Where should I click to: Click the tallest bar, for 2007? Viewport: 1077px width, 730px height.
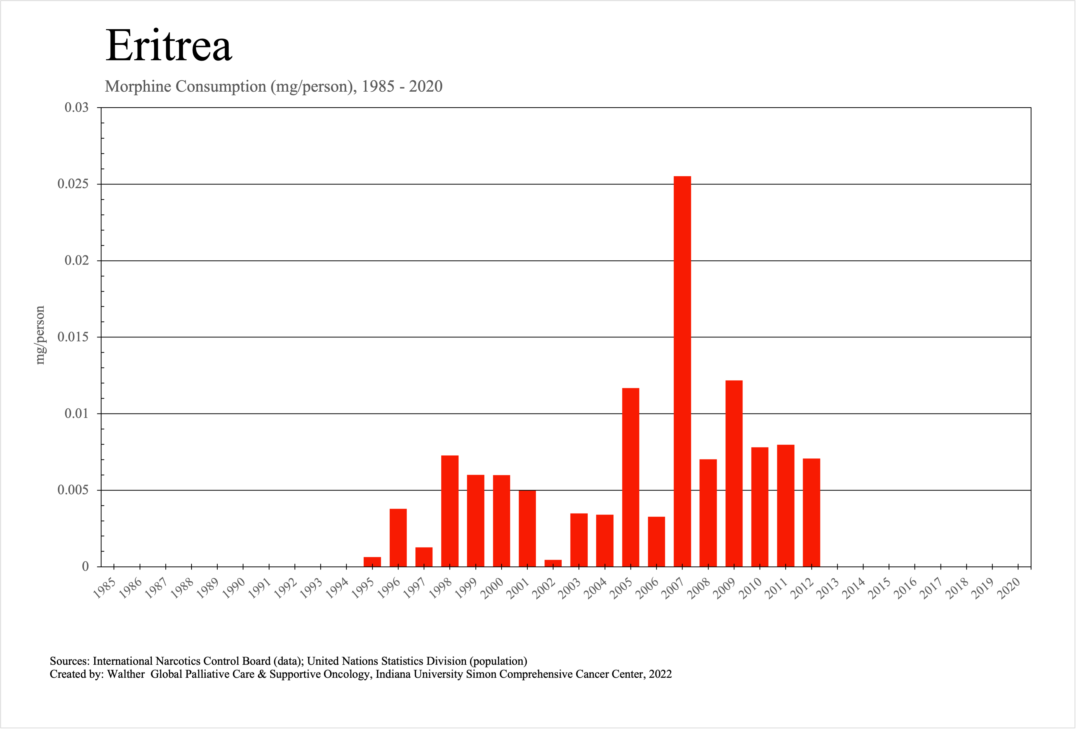tap(682, 371)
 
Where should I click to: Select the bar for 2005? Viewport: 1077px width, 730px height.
tap(630, 477)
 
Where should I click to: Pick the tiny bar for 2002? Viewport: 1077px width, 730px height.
tap(553, 563)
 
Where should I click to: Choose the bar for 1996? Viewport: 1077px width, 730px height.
tap(398, 538)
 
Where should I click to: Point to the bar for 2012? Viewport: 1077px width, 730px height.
tap(811, 512)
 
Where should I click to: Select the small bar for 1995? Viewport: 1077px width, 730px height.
tap(372, 562)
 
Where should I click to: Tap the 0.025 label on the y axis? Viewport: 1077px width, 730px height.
tap(73, 184)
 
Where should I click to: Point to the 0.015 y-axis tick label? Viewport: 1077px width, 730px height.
tap(73, 337)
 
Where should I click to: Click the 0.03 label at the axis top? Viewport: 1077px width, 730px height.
tap(77, 107)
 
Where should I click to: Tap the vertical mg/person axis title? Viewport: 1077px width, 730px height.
tap(40, 335)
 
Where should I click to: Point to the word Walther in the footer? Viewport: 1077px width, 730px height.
tap(126, 674)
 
